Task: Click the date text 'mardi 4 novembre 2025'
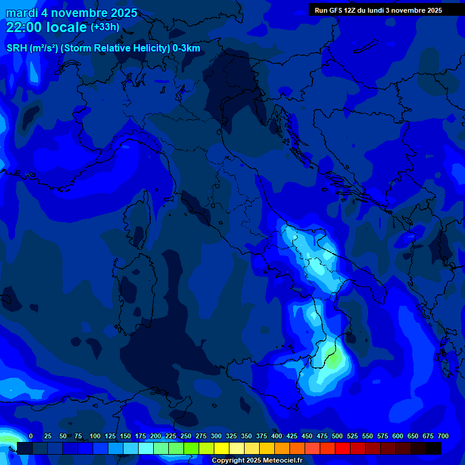71,13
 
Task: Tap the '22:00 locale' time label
47,27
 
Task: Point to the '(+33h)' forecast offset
105,27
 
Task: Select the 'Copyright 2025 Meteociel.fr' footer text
257,461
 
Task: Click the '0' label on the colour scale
31,436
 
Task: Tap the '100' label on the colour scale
94,436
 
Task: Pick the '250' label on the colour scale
185,436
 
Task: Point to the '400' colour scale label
276,436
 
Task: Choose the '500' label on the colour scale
337,436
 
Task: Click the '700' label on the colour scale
443,436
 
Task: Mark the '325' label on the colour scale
231,436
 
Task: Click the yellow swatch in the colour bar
222,449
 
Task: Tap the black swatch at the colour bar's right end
434,449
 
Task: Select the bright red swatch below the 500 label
343,449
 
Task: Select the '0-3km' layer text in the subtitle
186,48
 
